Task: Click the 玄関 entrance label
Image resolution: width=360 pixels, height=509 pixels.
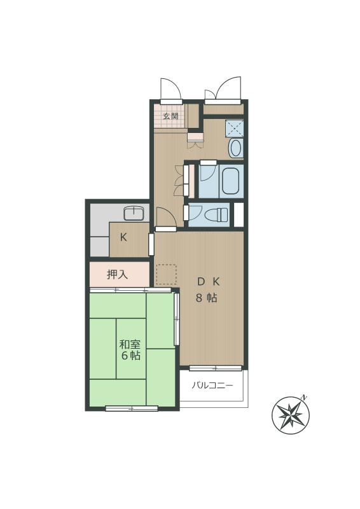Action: point(170,116)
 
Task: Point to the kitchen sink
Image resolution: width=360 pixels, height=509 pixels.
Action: point(133,214)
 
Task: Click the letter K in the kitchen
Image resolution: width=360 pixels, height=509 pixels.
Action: point(123,237)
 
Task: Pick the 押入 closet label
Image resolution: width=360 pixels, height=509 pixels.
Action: point(117,275)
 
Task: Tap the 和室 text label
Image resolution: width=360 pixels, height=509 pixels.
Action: point(130,345)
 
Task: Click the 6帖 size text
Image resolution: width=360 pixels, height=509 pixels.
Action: point(131,356)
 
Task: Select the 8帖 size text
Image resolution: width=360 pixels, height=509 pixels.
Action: point(207,298)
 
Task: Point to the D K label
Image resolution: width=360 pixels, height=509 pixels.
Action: point(209,282)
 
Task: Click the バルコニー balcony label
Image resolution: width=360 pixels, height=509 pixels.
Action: point(212,386)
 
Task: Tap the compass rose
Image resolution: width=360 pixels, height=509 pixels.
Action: point(291,415)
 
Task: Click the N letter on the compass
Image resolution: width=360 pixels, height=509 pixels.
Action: point(303,397)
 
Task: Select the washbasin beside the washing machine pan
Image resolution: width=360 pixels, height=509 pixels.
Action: point(236,148)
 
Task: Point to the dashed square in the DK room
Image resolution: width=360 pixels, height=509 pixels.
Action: point(167,274)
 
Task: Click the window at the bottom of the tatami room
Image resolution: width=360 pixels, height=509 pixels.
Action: point(132,408)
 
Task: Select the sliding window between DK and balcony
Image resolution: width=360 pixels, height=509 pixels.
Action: point(216,368)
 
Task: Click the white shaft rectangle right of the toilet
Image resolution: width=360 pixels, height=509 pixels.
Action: point(239,214)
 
